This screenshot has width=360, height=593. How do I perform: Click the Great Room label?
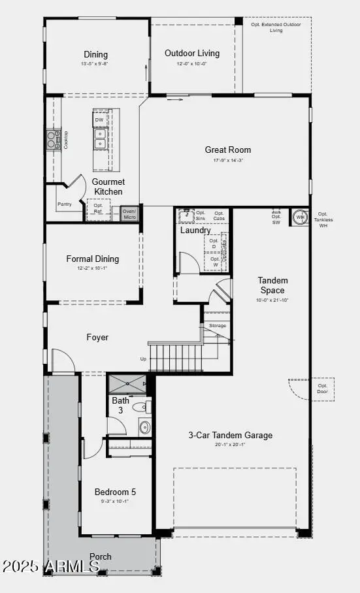tap(228, 150)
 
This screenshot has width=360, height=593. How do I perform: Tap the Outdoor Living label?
tap(192, 53)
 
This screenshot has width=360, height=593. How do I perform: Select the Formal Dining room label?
tap(93, 259)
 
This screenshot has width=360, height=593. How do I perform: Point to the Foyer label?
tap(97, 338)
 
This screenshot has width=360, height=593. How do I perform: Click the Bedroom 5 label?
tap(115, 492)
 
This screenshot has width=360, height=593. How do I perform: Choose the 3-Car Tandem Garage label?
tap(231, 435)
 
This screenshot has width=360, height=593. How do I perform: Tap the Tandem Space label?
tap(272, 285)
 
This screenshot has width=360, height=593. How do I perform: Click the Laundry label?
tap(195, 231)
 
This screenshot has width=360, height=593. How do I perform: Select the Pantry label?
tap(65, 204)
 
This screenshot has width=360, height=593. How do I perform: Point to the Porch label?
tap(101, 556)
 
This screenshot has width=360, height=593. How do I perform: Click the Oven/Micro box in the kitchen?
tap(129, 214)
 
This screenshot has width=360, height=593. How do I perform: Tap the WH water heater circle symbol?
tap(301, 217)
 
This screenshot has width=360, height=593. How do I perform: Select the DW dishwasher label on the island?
tap(99, 120)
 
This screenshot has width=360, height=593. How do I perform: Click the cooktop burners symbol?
tap(53, 138)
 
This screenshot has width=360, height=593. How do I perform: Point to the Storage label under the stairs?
tap(217, 325)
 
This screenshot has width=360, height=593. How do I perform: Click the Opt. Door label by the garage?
tap(322, 389)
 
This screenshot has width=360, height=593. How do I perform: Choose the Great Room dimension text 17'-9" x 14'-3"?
tap(228, 161)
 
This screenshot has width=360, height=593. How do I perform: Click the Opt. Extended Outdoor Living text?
tap(276, 27)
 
